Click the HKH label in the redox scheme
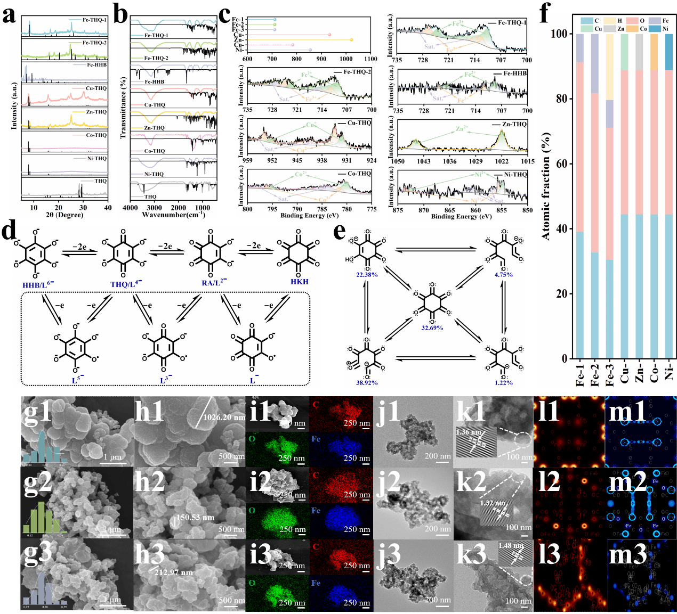pyautogui.click(x=300, y=282)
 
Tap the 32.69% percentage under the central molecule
pyautogui.click(x=432, y=328)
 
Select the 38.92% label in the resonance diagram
pyautogui.click(x=367, y=382)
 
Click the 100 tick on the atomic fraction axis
pyautogui.click(x=559, y=34)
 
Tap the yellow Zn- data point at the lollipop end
pyautogui.click(x=351, y=39)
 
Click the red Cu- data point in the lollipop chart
pyautogui.click(x=329, y=35)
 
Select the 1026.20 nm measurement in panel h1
pyautogui.click(x=224, y=417)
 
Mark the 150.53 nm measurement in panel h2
pyautogui.click(x=195, y=518)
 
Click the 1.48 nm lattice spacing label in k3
pyautogui.click(x=511, y=546)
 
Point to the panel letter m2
pyautogui.click(x=628, y=481)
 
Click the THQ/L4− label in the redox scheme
pyautogui.click(x=126, y=284)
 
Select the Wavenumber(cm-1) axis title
pyautogui.click(x=173, y=215)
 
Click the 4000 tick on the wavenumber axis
pyautogui.click(x=131, y=208)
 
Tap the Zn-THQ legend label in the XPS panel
pyautogui.click(x=514, y=124)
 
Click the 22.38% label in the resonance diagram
pyautogui.click(x=367, y=275)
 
